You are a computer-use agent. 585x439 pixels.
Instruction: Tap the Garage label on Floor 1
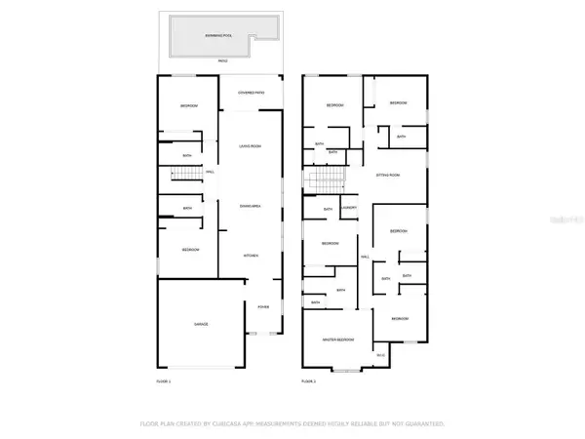pos(201,323)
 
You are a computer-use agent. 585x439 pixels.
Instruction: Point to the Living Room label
pos(251,146)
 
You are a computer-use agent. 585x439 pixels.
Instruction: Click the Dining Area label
pos(251,205)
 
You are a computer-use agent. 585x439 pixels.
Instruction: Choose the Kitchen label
pos(251,256)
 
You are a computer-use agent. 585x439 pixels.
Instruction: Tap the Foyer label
pos(263,306)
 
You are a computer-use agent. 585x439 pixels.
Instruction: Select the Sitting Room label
pos(388,175)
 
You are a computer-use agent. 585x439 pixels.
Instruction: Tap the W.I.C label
pos(381,355)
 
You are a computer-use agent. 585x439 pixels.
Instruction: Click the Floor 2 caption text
pos(309,380)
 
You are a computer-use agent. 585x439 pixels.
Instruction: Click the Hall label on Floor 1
pos(210,174)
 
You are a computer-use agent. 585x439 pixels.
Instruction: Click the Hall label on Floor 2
pos(365,257)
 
